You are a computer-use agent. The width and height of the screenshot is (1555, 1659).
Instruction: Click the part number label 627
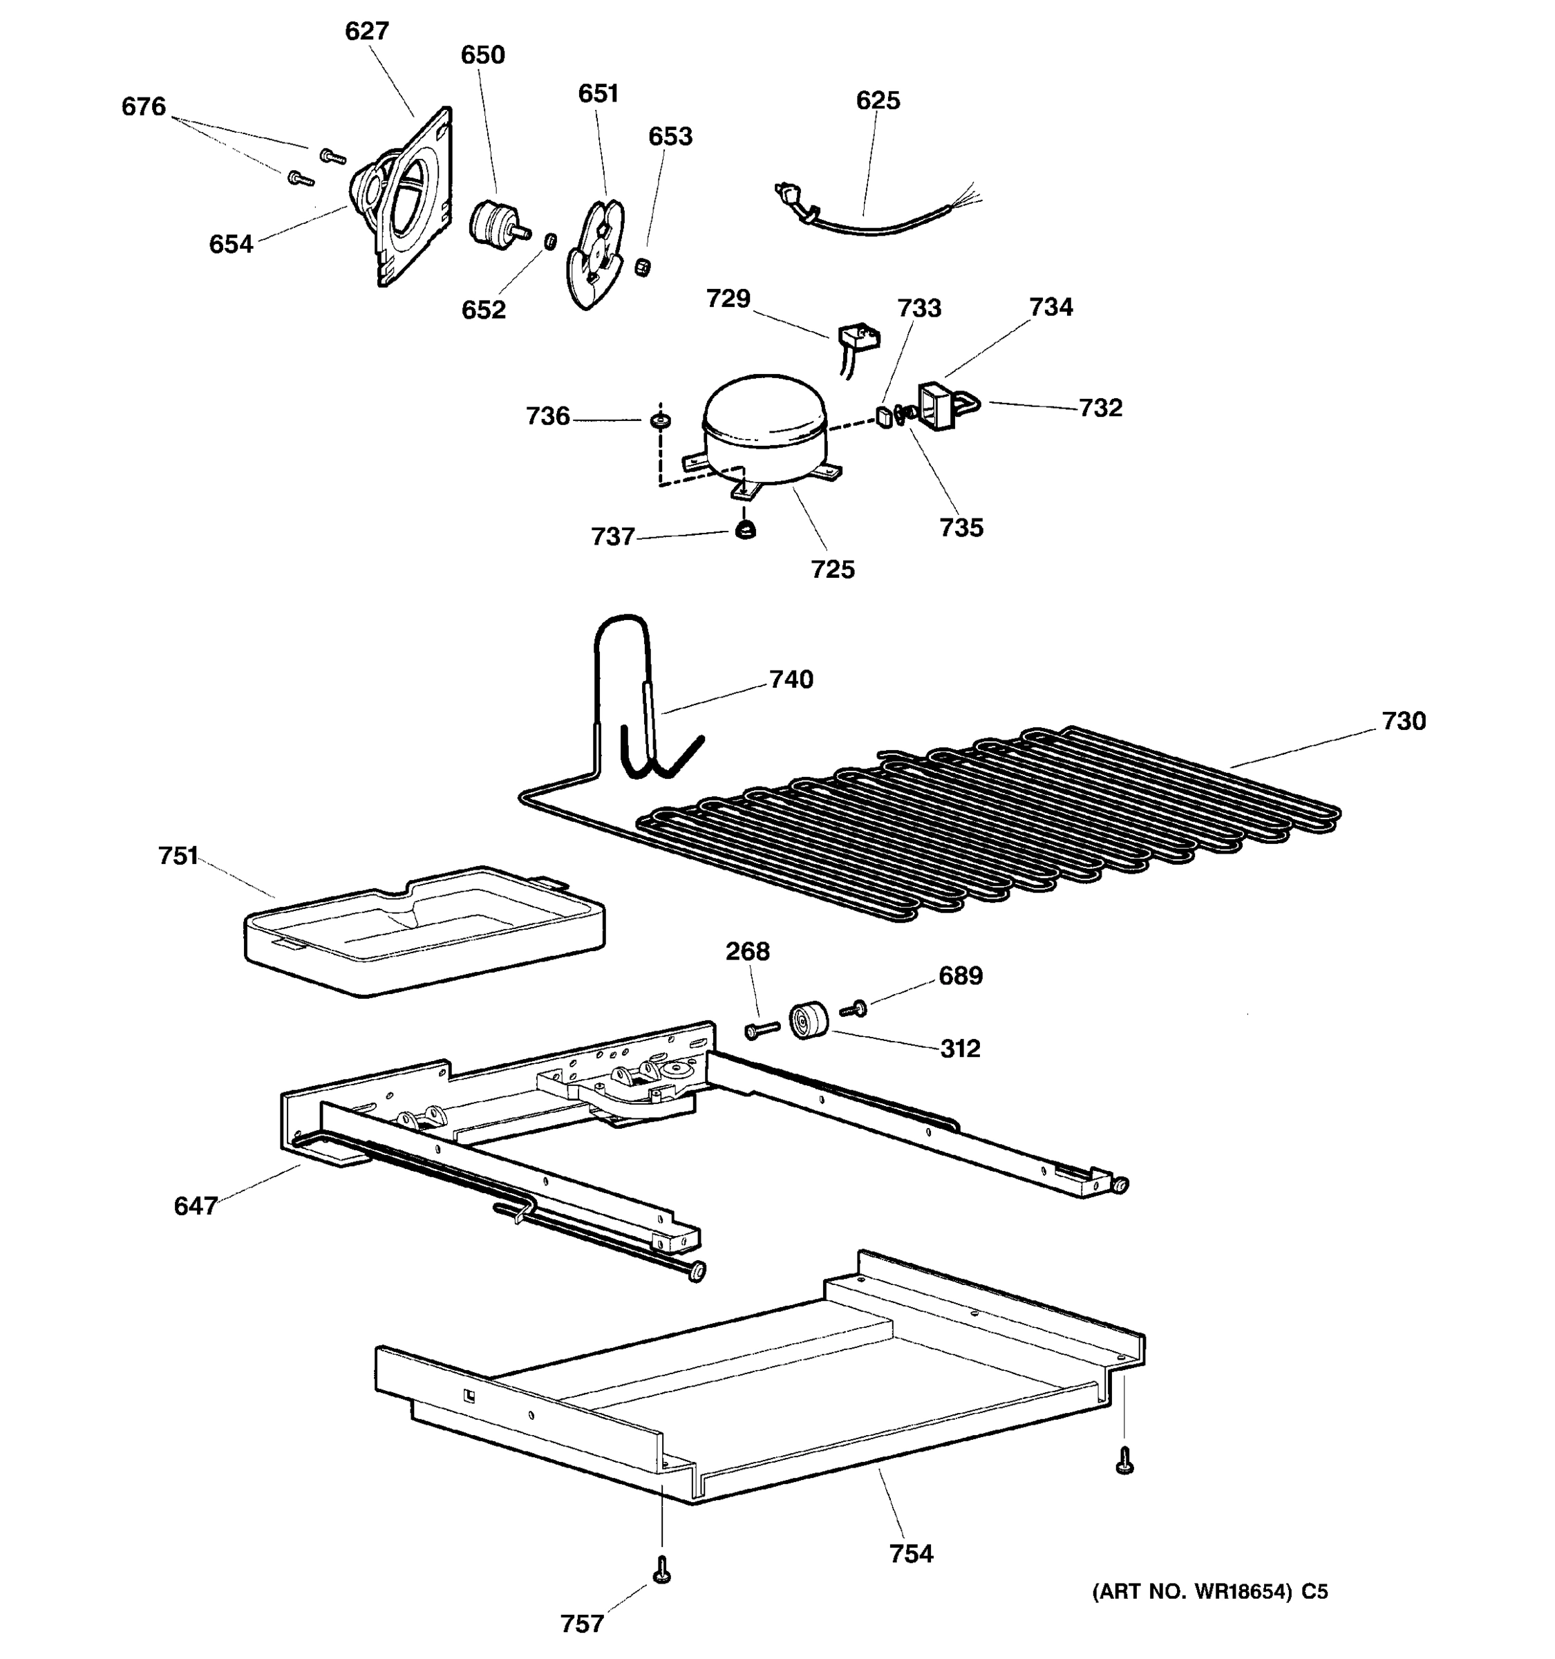(x=367, y=32)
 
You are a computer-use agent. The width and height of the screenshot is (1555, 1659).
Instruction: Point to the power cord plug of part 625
(x=789, y=197)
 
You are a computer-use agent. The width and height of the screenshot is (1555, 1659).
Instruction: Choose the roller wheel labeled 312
(x=807, y=1019)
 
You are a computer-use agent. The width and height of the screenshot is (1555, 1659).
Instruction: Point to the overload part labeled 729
(x=858, y=337)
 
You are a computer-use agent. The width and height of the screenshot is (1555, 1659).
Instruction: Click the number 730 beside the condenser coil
(x=1403, y=721)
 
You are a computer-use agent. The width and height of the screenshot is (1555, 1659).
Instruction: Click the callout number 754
(x=910, y=1554)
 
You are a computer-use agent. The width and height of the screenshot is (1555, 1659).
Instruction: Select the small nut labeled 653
(x=642, y=267)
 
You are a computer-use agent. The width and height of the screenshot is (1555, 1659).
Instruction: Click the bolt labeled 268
(x=761, y=1031)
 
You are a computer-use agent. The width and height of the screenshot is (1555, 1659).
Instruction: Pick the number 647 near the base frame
(x=195, y=1206)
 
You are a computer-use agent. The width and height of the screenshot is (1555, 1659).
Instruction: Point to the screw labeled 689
(x=855, y=1009)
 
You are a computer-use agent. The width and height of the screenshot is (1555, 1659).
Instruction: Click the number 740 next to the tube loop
(x=791, y=679)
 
